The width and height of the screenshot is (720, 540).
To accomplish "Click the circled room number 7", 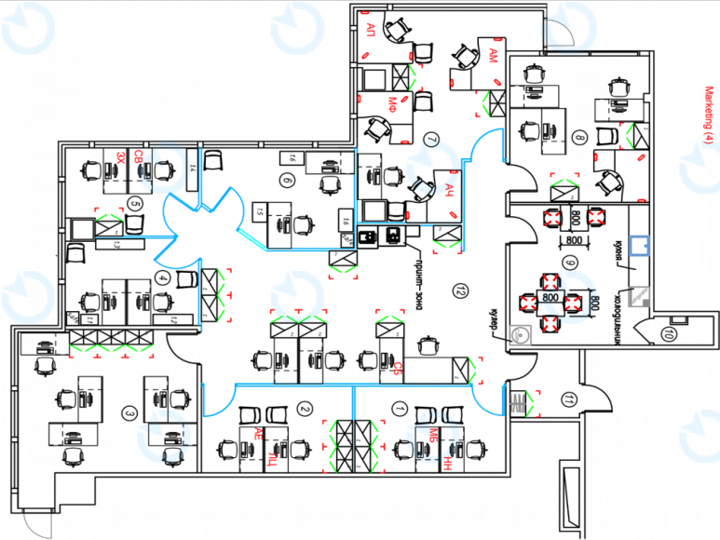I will (x=430, y=140).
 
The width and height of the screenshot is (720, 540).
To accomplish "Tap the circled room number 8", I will (x=580, y=139).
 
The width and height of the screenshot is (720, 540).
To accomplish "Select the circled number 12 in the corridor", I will (x=459, y=290).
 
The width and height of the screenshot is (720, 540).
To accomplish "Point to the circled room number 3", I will (x=130, y=413).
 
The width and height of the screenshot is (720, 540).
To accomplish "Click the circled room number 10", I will (x=669, y=332).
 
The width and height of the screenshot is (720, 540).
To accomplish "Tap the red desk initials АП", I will (x=371, y=27).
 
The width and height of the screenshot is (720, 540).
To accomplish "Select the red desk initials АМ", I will (x=492, y=57).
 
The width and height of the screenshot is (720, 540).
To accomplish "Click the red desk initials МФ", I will (x=394, y=101).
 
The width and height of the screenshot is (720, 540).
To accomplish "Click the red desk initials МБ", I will (x=433, y=433).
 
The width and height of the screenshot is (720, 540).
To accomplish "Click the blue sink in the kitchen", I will (x=639, y=246).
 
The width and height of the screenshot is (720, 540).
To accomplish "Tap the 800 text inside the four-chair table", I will (x=550, y=298).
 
